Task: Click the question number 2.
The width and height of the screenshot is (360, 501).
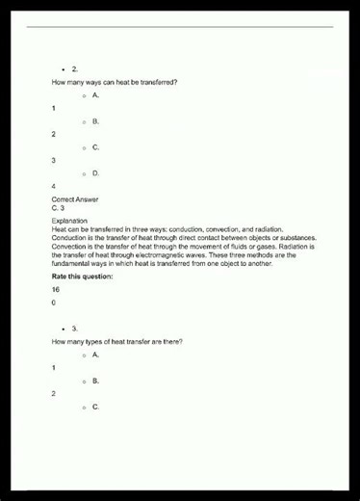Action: (75, 69)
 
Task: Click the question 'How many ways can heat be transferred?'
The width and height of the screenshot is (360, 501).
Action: (114, 82)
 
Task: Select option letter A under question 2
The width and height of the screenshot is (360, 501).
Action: (96, 95)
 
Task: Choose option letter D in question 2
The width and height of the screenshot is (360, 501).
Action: (96, 173)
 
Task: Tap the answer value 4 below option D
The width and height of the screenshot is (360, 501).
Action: (54, 186)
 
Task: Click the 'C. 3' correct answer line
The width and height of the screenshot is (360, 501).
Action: (58, 208)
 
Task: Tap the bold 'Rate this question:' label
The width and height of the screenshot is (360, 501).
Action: (82, 277)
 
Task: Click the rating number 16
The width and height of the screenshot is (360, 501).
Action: (56, 290)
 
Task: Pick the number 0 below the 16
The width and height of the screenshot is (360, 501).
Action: (54, 303)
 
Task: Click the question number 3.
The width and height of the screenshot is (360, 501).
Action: (75, 329)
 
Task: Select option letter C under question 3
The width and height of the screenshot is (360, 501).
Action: (96, 407)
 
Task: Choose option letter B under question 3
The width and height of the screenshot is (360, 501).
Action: (96, 381)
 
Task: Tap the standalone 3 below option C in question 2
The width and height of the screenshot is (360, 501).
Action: (54, 160)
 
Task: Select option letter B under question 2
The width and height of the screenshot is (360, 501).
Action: (96, 121)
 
